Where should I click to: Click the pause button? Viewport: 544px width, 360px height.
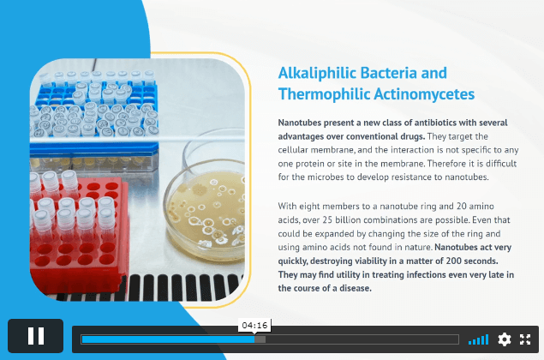tap(36, 336)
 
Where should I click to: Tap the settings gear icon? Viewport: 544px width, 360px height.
tap(504, 339)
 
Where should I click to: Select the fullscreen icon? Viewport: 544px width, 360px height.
tap(525, 339)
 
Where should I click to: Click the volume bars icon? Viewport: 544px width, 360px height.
tap(478, 339)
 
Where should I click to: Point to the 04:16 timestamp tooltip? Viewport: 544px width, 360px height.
tap(254, 325)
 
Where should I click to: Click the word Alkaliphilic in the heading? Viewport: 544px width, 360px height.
tap(318, 73)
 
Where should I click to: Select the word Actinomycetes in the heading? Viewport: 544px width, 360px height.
tap(424, 94)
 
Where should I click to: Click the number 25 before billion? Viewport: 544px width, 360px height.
tap(327, 219)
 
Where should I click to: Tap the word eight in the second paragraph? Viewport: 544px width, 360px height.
tap(309, 207)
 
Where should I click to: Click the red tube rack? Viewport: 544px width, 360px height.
tap(79, 236)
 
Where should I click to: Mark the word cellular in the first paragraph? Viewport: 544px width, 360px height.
tap(293, 150)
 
